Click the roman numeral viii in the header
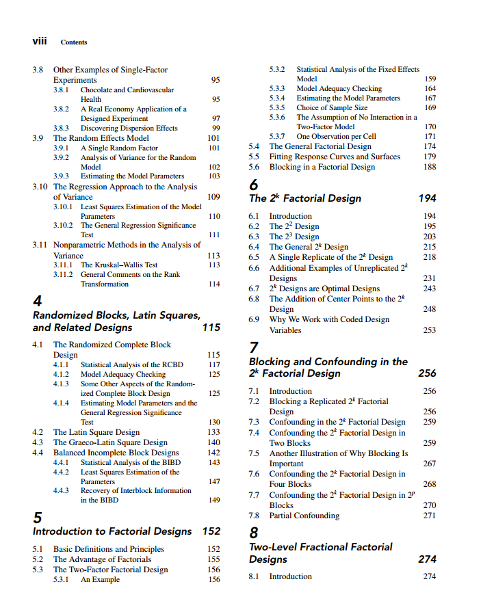click(x=40, y=41)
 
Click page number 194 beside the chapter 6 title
click(x=427, y=198)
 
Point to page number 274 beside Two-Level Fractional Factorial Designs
click(x=427, y=559)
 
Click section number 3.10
click(x=42, y=187)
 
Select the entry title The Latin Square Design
click(x=96, y=432)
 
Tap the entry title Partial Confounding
click(x=304, y=516)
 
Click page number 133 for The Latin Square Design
click(x=213, y=432)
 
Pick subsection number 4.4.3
click(x=62, y=490)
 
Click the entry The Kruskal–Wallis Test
click(x=119, y=265)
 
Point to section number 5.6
click(x=254, y=167)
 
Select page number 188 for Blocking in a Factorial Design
click(x=430, y=167)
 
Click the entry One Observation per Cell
click(x=336, y=136)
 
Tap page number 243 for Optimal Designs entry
click(x=430, y=289)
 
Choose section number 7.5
click(x=254, y=453)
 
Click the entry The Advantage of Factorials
click(x=102, y=559)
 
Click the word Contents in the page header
click(x=74, y=42)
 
